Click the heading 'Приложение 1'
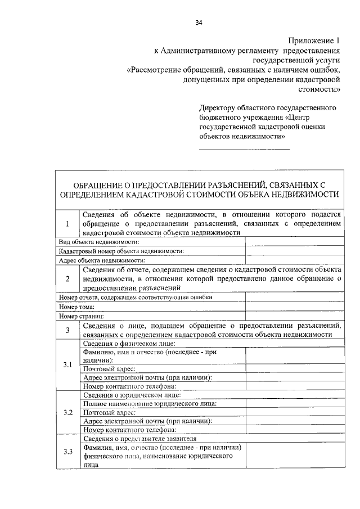314,40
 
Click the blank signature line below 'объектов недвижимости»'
245,149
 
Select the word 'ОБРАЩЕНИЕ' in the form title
98,184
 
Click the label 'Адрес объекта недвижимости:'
102,260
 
